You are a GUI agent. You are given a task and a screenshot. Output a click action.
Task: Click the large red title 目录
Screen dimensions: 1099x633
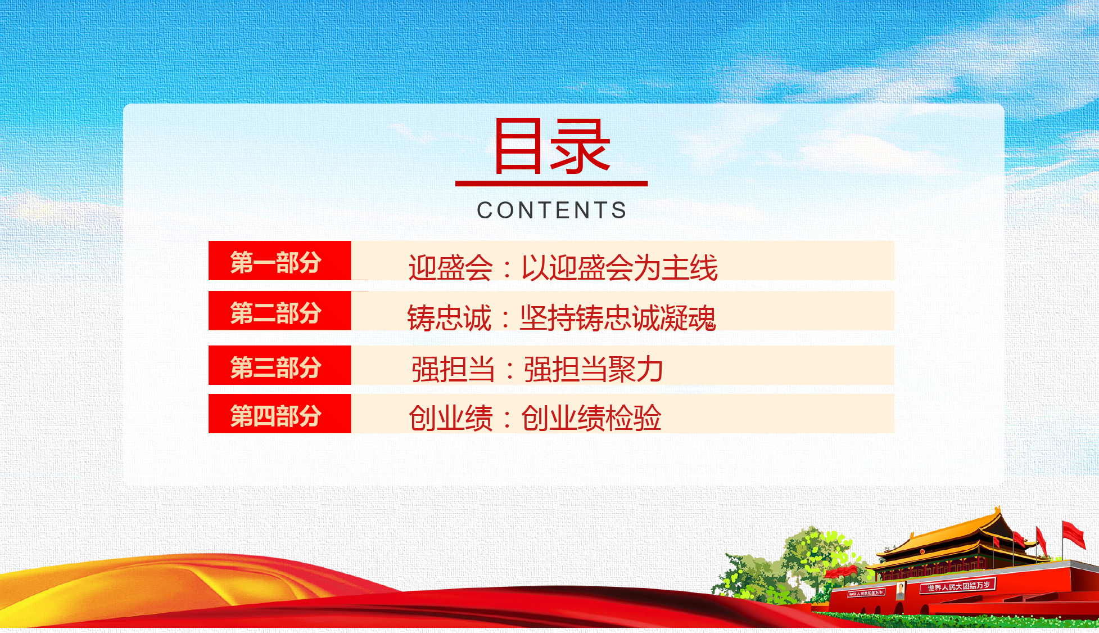click(551, 146)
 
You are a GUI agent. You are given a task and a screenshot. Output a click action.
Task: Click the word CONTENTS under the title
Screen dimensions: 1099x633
click(551, 210)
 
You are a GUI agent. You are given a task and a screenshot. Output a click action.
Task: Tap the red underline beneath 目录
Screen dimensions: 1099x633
click(551, 183)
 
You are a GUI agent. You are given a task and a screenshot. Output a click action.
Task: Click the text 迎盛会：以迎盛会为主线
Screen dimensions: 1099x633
click(563, 267)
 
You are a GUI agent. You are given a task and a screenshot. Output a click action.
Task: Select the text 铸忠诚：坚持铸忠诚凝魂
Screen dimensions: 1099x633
click(561, 318)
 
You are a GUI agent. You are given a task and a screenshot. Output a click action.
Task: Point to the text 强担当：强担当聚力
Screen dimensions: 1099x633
click(537, 369)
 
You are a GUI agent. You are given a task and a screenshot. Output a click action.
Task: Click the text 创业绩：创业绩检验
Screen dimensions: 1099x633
click(535, 418)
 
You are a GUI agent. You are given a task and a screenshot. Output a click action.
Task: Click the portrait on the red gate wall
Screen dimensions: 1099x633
click(901, 590)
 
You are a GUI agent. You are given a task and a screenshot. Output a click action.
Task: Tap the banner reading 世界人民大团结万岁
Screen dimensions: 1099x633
click(958, 586)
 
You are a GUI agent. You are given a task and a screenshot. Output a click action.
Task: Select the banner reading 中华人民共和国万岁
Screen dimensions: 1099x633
click(866, 593)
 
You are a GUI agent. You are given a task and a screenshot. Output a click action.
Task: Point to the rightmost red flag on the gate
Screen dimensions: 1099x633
click(1073, 533)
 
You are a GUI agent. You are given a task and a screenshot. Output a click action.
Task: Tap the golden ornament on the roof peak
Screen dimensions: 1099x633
click(998, 511)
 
